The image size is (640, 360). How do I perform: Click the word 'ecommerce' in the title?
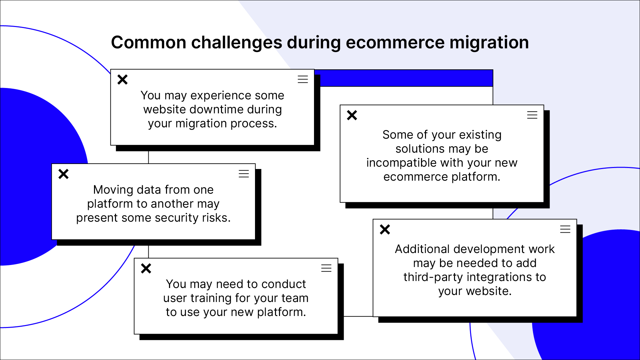point(395,43)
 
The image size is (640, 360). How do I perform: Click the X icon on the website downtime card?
point(123,80)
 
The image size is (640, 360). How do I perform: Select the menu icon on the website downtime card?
point(303,79)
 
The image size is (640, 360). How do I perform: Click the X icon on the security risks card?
point(63,174)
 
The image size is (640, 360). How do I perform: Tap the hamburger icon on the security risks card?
point(244,174)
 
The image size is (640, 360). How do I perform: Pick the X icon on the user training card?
point(146,268)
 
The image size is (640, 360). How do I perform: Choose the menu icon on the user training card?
point(326,268)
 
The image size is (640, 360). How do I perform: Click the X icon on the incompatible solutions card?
point(352,115)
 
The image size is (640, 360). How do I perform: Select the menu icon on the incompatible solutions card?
point(532,115)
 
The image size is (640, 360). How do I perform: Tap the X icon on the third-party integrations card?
point(385,229)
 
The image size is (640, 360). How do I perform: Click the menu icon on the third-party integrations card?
point(565,229)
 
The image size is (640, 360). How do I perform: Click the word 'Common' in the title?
point(149,43)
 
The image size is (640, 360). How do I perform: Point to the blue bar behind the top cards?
point(404,78)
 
